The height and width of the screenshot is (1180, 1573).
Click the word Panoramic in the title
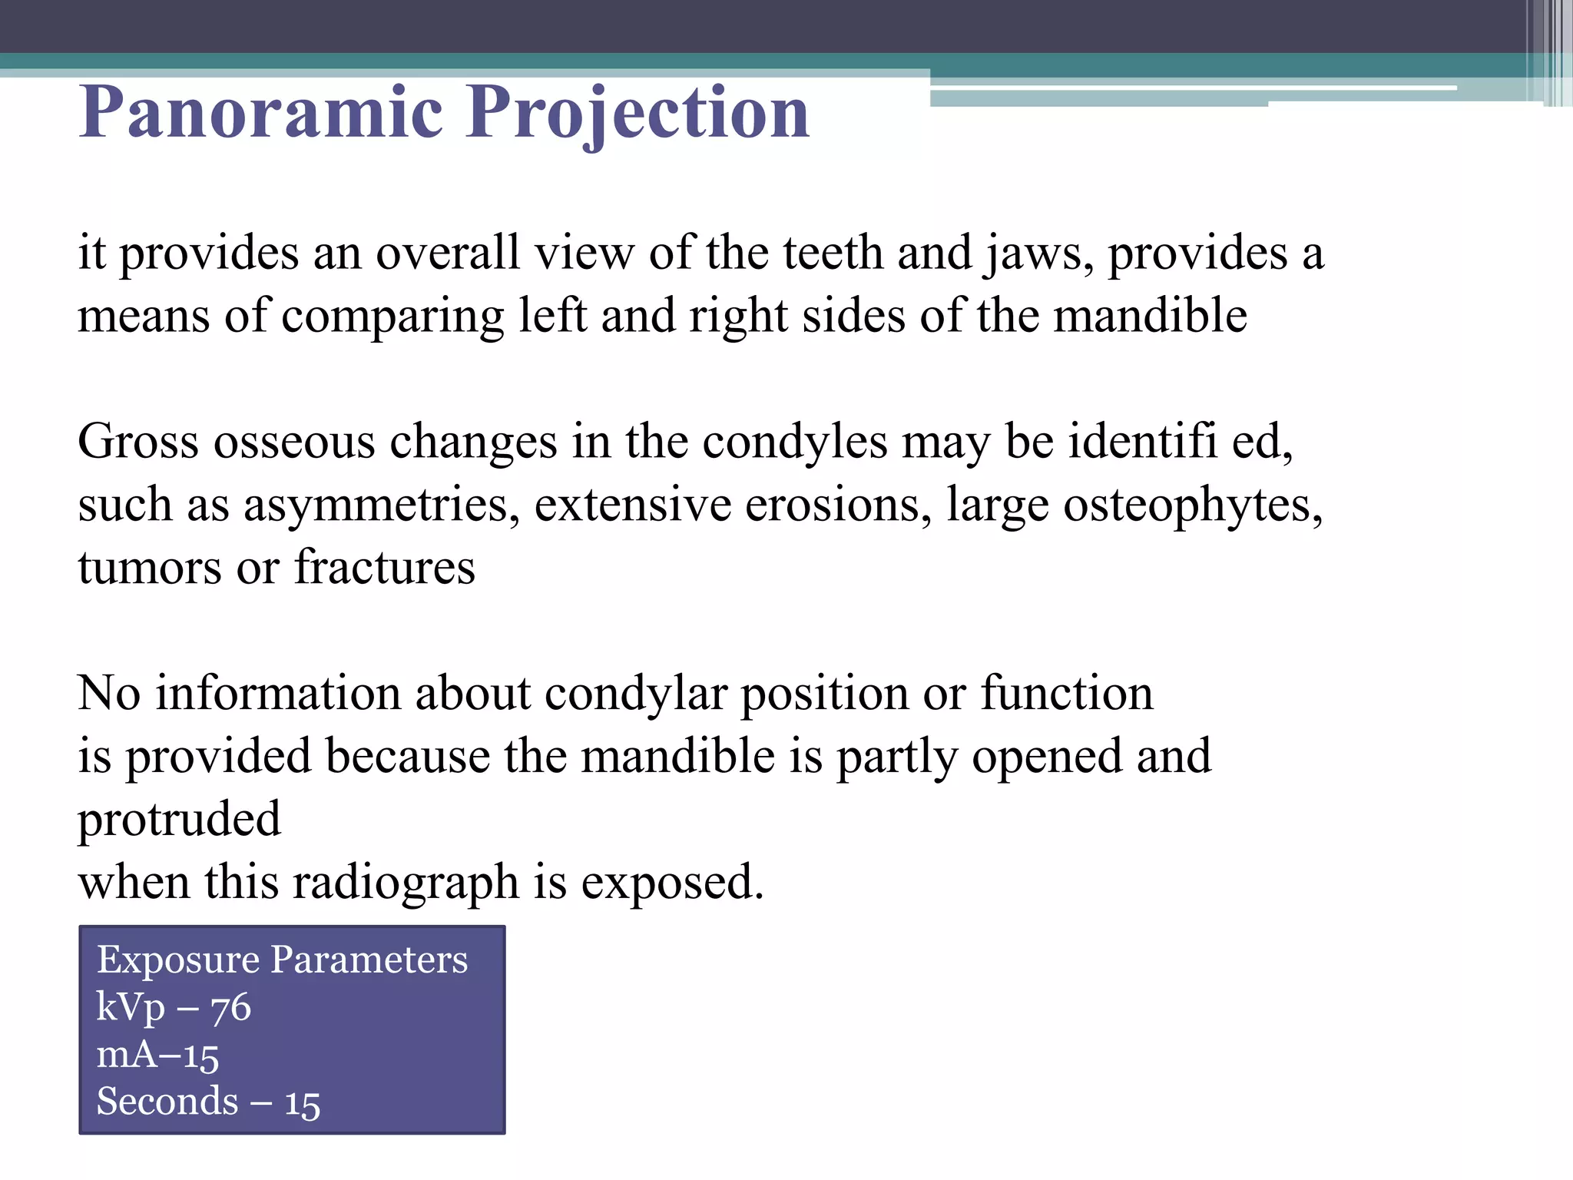261,113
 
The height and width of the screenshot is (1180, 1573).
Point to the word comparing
392,317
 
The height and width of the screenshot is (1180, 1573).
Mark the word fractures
385,568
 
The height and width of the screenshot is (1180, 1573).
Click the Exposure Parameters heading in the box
282,960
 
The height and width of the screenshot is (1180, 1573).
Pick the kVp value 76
230,1007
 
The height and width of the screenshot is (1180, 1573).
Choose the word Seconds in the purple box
167,1102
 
